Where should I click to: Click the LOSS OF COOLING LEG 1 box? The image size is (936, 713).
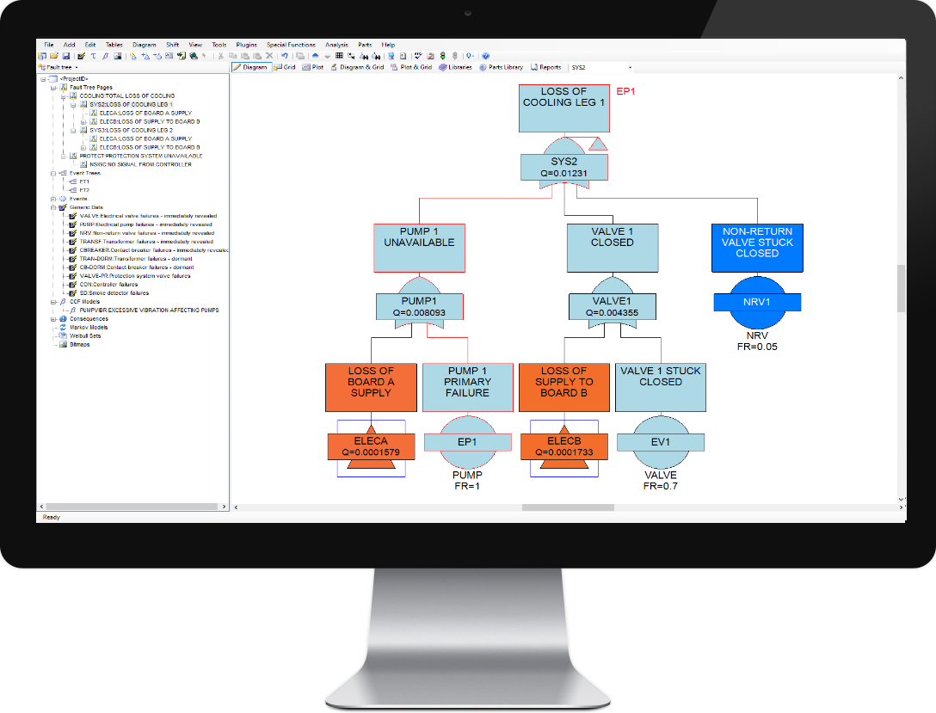click(x=563, y=108)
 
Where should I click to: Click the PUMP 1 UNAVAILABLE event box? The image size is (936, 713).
click(x=420, y=248)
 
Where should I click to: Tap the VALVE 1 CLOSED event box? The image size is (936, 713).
click(x=613, y=248)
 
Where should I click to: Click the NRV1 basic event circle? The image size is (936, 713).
click(x=757, y=302)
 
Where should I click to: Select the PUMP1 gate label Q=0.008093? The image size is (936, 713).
click(x=420, y=307)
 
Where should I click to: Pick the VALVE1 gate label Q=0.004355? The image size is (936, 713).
click(x=613, y=307)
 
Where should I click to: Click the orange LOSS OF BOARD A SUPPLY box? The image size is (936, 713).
click(x=371, y=387)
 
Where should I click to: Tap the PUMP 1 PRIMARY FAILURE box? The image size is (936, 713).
click(x=468, y=387)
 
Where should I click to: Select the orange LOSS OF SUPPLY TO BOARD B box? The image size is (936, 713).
click(x=563, y=387)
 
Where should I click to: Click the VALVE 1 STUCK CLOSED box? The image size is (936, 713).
click(x=661, y=387)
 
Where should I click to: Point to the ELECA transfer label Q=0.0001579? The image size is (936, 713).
click(x=371, y=446)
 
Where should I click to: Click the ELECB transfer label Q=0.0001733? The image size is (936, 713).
click(x=563, y=446)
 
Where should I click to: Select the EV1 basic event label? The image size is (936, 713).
click(x=661, y=442)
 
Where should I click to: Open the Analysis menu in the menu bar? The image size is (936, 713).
click(x=336, y=45)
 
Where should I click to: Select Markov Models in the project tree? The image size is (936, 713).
click(x=89, y=328)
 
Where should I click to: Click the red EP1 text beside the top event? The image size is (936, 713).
click(x=626, y=91)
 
